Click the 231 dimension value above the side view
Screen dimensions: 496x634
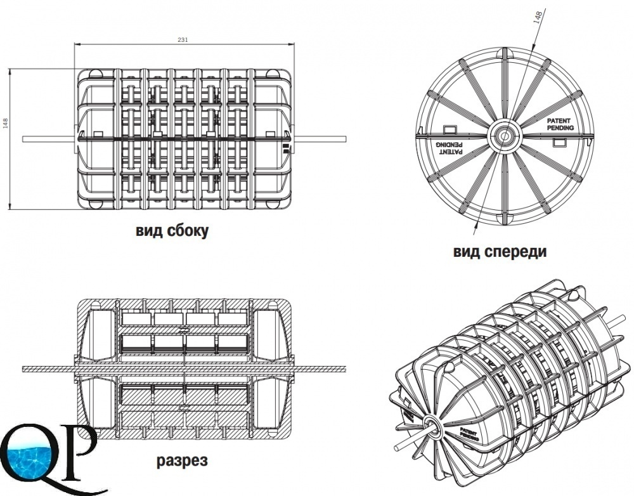183,39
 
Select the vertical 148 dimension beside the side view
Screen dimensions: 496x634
6,122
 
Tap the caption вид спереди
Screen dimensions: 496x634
500,252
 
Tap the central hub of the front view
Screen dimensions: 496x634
505,135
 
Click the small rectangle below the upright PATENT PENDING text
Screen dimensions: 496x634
559,143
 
